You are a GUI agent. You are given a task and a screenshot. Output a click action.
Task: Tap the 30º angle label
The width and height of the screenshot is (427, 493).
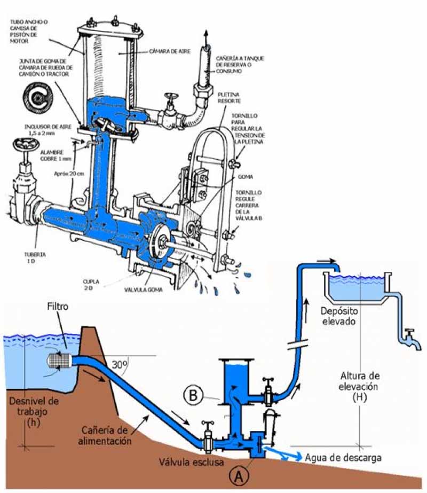(121, 365)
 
